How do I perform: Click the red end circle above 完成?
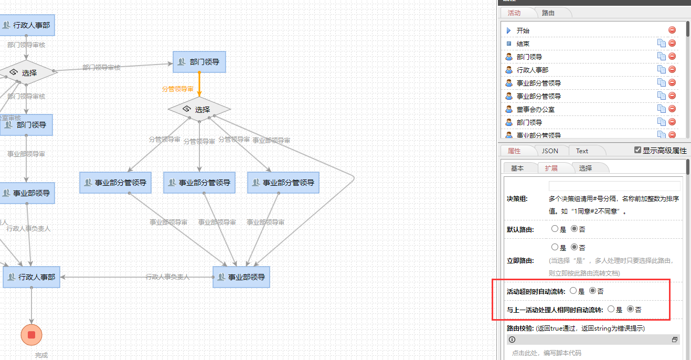31,335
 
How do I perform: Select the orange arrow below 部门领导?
199,84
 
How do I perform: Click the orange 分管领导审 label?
177,89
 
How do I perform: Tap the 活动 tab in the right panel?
514,13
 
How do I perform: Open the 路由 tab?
548,13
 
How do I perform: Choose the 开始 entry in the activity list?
523,30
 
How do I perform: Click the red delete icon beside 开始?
672,30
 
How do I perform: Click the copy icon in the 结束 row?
662,44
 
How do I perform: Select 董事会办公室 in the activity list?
535,109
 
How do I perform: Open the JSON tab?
550,151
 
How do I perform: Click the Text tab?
582,151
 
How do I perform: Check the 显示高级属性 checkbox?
637,150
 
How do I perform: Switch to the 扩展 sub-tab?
551,168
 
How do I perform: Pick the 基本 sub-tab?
517,168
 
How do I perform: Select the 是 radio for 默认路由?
555,229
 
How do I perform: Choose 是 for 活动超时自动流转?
573,291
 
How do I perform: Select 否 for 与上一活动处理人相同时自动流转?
631,309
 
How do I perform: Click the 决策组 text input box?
614,186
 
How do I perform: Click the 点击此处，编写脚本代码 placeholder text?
547,353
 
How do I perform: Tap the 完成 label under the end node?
41,355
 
